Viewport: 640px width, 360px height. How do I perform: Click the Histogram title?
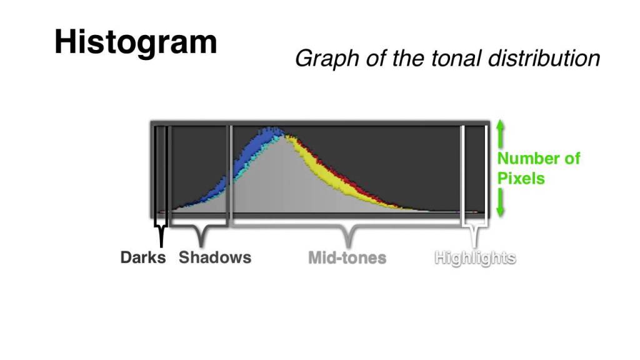click(136, 42)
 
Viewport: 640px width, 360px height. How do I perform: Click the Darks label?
click(143, 257)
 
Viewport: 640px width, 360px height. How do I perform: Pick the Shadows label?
click(215, 257)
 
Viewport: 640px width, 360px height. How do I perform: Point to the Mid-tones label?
click(347, 257)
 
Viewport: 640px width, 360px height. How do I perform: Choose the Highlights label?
click(476, 257)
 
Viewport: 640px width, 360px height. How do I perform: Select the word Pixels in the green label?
click(521, 178)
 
